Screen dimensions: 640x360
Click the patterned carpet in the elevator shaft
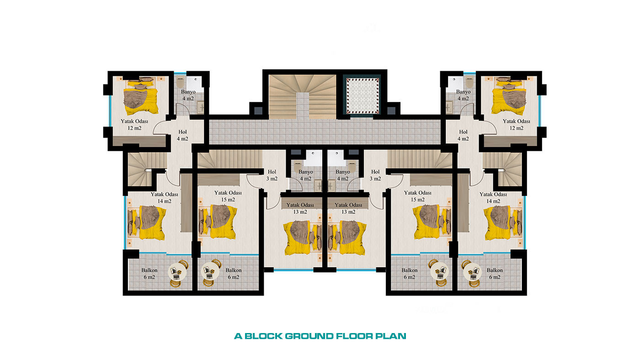pos(362,95)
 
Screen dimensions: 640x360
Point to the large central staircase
pos(302,97)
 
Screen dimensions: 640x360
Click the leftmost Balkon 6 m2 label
pos(149,274)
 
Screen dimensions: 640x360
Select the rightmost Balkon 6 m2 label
pos(495,274)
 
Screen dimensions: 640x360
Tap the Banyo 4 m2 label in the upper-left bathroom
pos(188,95)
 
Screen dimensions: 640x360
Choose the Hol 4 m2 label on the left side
pos(182,135)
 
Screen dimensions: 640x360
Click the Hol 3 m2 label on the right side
pos(375,175)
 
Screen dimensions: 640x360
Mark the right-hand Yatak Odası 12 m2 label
pos(516,125)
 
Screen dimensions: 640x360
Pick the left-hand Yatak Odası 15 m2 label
pos(228,196)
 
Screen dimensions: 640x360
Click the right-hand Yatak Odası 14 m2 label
pos(493,197)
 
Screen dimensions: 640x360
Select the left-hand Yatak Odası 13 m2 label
pos(300,208)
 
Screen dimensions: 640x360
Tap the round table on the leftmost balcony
pos(177,272)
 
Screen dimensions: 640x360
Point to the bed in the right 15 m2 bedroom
pos(432,221)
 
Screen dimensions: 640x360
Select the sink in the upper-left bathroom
pos(201,108)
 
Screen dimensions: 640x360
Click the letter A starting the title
pos(238,336)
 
